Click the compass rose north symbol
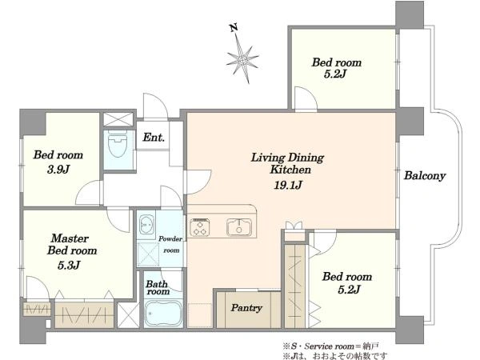[x=242, y=54]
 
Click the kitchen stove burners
[x=200, y=227]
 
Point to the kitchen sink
[x=239, y=227]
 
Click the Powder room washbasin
[x=146, y=225]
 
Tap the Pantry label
[x=246, y=308]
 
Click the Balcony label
[x=425, y=176]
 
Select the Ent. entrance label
[x=154, y=137]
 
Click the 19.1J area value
[x=288, y=185]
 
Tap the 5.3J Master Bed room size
[x=69, y=265]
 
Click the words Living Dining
[x=287, y=158]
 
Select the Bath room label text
[x=158, y=287]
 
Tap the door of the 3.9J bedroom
[x=88, y=193]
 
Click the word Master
[x=70, y=238]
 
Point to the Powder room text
[x=170, y=244]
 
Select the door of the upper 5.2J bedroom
[x=306, y=98]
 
